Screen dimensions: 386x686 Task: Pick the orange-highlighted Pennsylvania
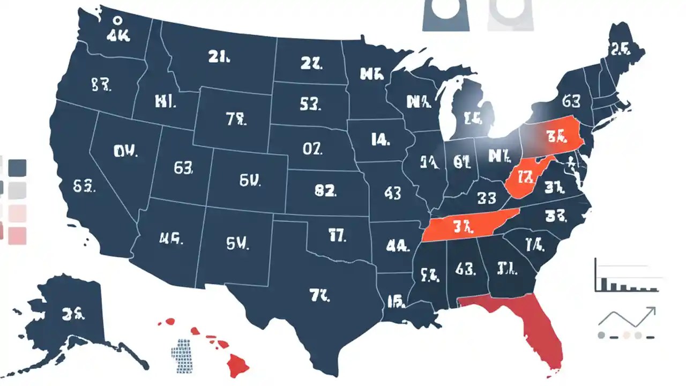(x=555, y=137)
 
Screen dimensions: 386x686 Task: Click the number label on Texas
(x=320, y=294)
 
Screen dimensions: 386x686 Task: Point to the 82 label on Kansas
(x=325, y=190)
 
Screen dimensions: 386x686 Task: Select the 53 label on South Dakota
(x=310, y=104)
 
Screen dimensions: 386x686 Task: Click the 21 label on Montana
(x=219, y=57)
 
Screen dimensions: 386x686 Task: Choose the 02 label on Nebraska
(x=312, y=149)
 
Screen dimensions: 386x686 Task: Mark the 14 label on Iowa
(x=379, y=140)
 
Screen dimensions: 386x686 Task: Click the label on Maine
(x=619, y=50)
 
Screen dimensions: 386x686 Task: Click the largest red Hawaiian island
(x=236, y=365)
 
